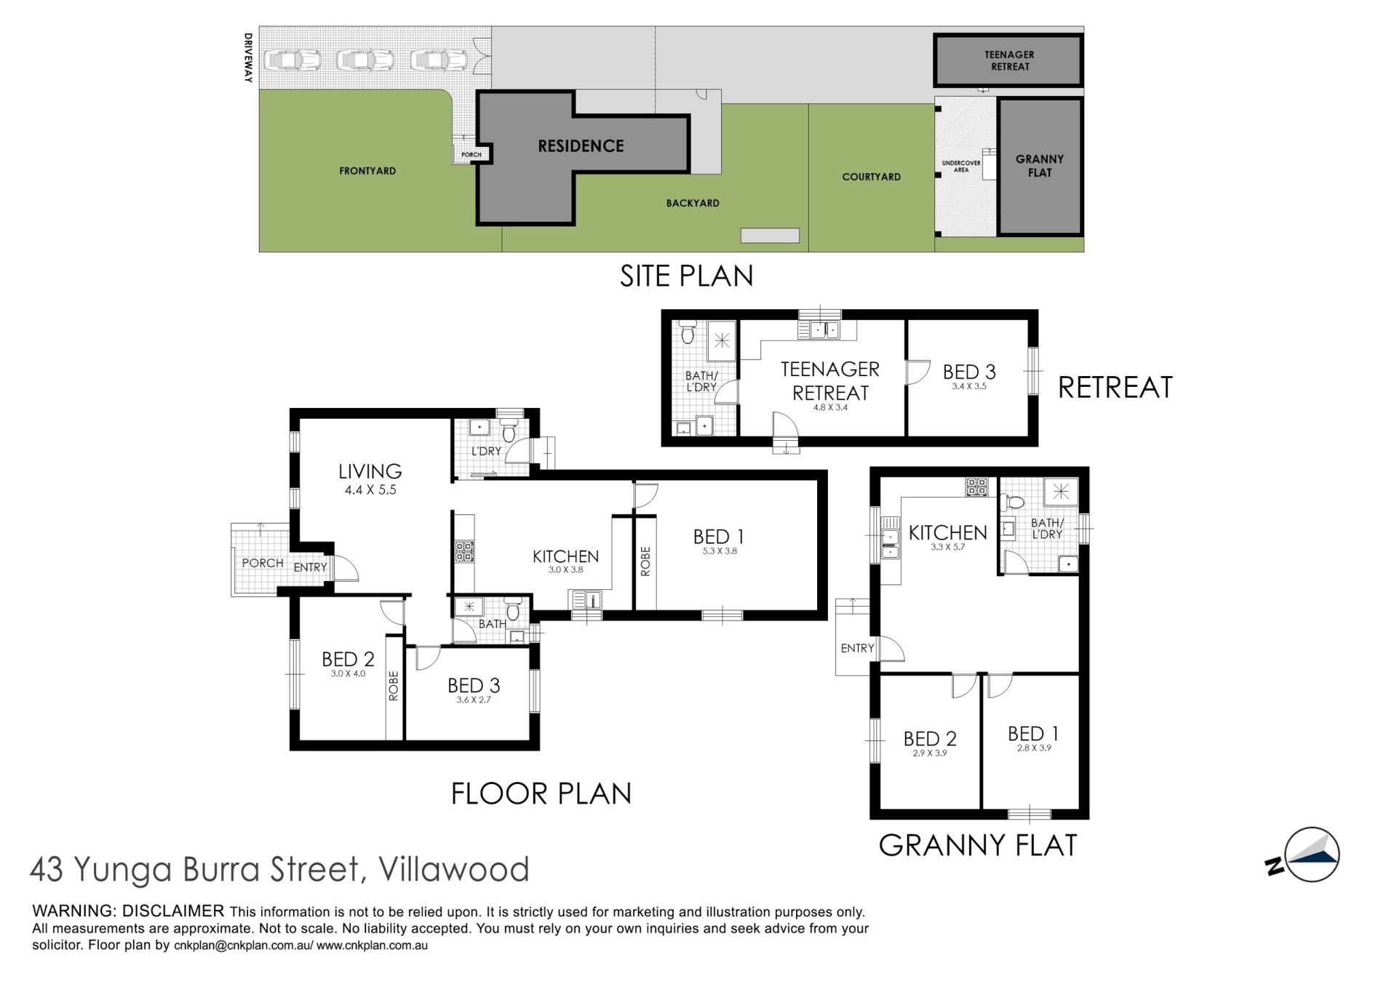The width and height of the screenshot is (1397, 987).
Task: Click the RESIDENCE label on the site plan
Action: point(581,146)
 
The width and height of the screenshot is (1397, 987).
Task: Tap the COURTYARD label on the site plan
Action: point(871,177)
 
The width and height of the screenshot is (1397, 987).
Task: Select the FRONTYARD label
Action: point(367,171)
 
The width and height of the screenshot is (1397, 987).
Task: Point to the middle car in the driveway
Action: point(365,60)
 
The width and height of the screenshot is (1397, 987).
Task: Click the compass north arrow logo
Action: point(1304,855)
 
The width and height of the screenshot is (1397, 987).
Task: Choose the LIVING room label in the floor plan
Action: point(370,471)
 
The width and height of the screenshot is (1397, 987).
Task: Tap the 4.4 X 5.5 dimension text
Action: point(370,490)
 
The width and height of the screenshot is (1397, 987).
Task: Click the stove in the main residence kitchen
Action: point(463,551)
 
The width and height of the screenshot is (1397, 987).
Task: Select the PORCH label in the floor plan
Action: point(263,563)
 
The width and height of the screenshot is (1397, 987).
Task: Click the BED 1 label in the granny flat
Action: point(1033,733)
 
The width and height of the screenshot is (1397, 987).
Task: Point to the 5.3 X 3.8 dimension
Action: point(720,551)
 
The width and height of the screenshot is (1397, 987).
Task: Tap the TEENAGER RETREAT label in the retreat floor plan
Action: point(830,381)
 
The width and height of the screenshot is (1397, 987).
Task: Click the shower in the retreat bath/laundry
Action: point(722,340)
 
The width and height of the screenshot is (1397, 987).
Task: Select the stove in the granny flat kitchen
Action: point(976,487)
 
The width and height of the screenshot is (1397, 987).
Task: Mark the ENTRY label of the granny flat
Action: point(857,648)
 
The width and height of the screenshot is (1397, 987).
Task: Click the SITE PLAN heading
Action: point(686,276)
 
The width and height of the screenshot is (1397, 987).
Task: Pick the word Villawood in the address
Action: point(455,869)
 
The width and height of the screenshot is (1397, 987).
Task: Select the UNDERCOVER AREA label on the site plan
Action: point(961,167)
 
